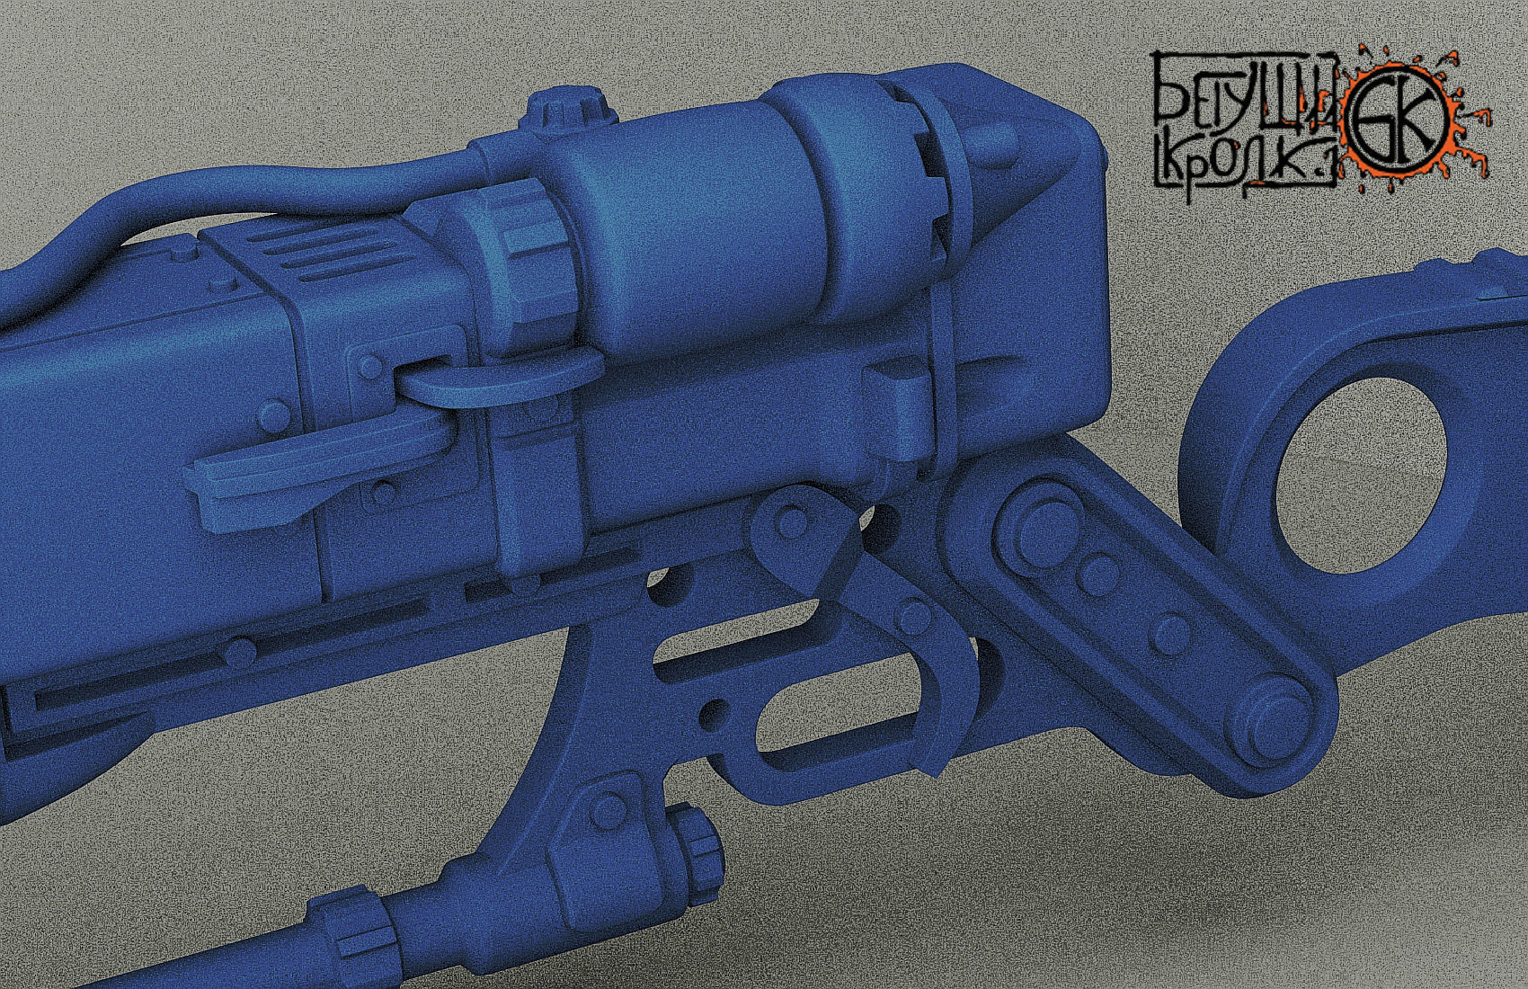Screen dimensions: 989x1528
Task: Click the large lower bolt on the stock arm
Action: coord(1272,711)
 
